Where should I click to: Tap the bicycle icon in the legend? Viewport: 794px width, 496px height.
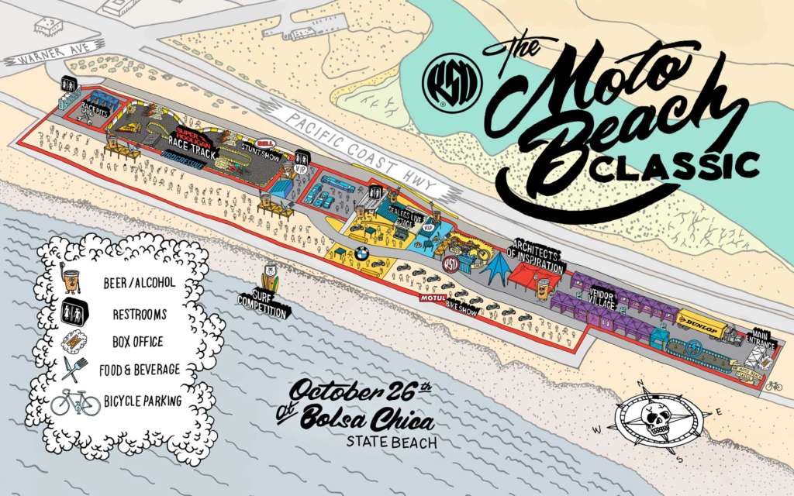click(75, 401)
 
